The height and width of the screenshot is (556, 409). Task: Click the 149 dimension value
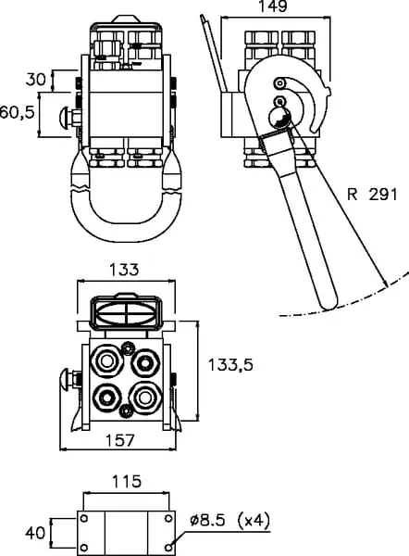coord(273,6)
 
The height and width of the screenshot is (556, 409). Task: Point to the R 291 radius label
coord(372,195)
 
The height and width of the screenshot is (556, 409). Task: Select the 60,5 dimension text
coord(17,112)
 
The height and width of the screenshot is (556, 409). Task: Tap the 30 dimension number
coord(36,79)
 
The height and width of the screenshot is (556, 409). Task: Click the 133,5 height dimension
coord(230,364)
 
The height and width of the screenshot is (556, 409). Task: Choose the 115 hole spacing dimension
coord(127,481)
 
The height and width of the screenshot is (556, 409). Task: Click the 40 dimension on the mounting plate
coord(35,533)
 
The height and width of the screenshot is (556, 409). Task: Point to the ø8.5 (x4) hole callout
coord(229,521)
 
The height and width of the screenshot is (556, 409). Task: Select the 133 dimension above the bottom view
coord(124,270)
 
